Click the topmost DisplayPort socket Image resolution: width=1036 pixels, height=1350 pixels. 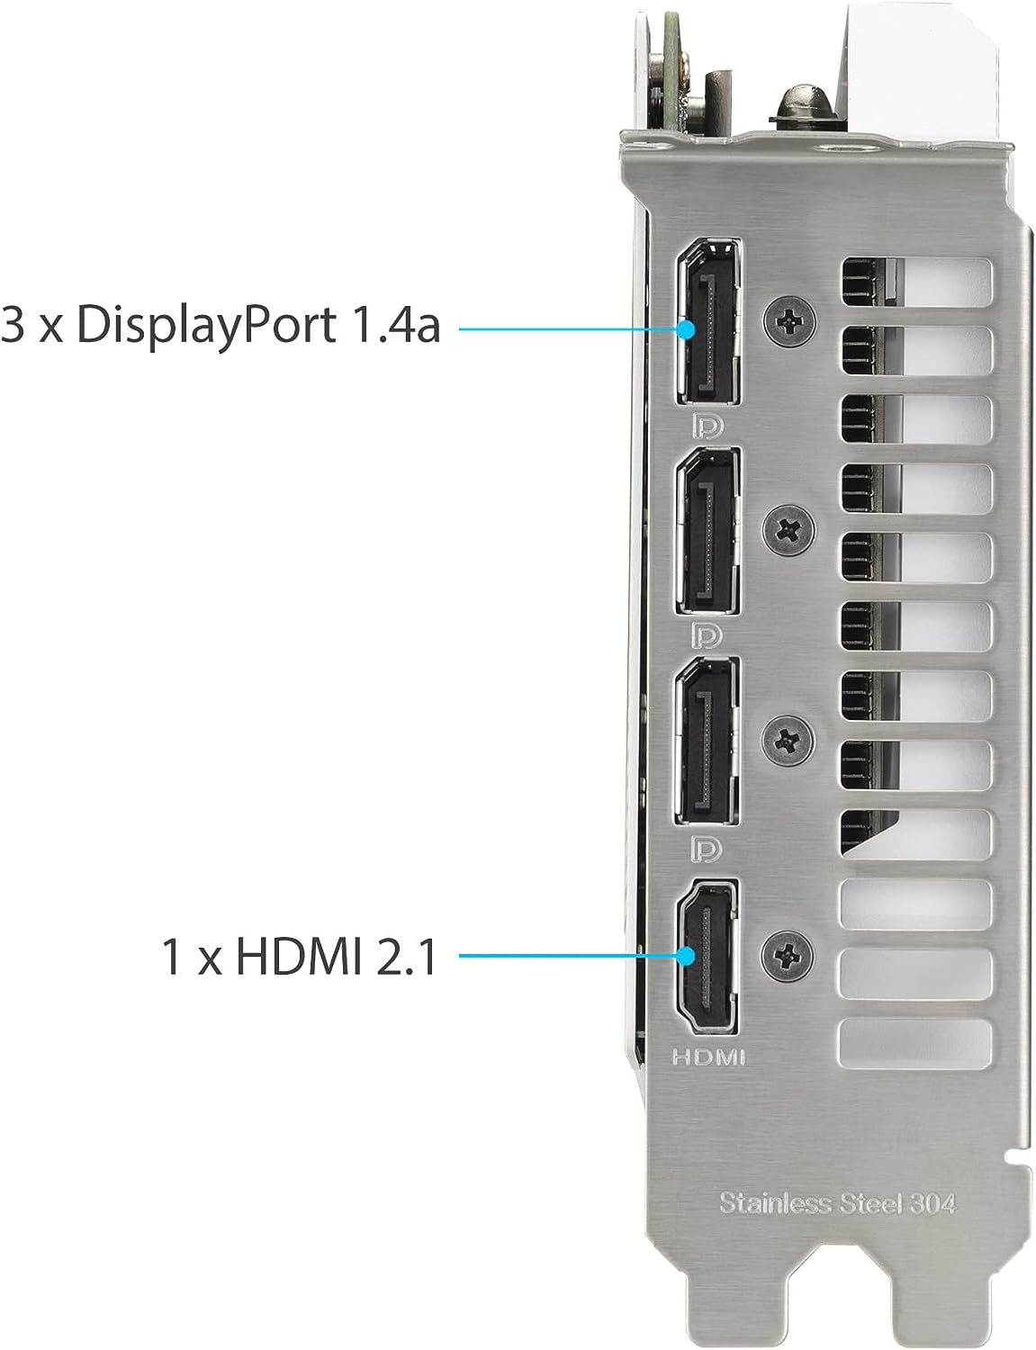707,322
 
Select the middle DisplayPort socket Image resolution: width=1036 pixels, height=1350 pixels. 707,532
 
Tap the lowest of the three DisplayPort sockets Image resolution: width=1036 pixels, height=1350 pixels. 707,742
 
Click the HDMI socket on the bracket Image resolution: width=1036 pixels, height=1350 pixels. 707,958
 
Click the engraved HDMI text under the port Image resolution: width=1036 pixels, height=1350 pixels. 707,1057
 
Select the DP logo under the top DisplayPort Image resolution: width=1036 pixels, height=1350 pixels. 707,426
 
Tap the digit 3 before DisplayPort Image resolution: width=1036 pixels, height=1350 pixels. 13,325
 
